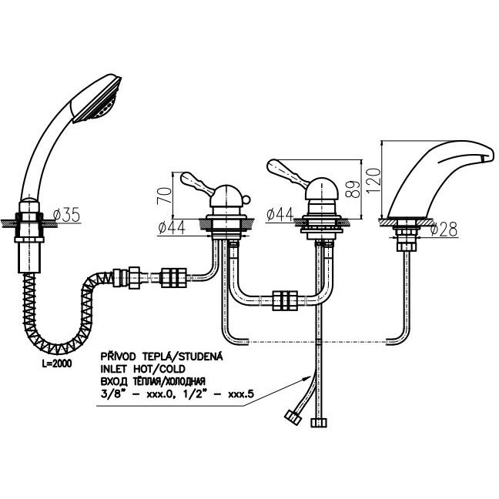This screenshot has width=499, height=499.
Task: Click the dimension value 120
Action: coord(373,180)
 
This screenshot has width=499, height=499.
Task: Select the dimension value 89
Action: coord(353,189)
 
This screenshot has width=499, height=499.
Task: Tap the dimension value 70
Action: coord(164,196)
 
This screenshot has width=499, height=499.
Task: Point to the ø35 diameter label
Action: coord(67,215)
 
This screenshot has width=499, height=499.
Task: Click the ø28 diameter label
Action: coord(444,229)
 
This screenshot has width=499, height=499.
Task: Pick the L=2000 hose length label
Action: coord(57,363)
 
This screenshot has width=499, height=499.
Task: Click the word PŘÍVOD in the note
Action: coord(118,356)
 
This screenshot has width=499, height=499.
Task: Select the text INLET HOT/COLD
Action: coord(143,369)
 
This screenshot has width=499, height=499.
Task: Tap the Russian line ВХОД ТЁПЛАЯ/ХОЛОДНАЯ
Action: coord(153,381)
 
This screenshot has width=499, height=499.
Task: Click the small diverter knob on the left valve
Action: coord(246,199)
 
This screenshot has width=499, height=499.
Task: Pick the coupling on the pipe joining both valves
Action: coord(285,300)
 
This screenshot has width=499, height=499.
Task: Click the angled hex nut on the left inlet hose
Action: coord(293,417)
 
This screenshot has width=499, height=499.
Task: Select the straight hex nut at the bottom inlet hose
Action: coord(318,423)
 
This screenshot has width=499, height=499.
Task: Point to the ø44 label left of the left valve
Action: coord(171,228)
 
